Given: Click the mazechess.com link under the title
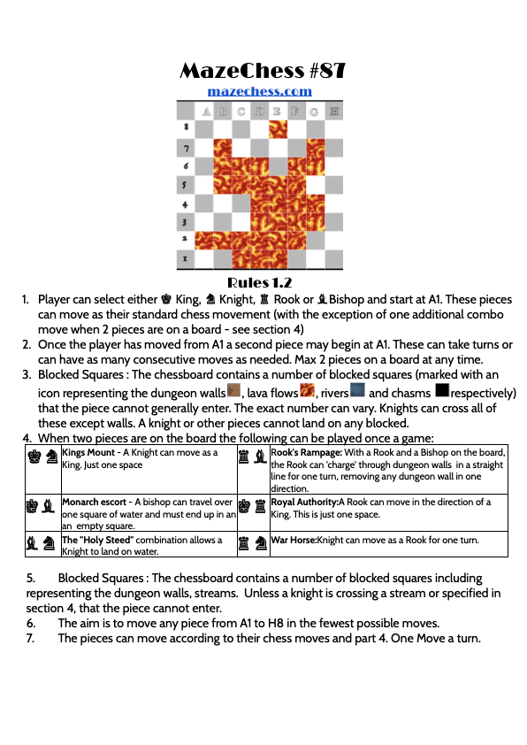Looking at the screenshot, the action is pos(260,91).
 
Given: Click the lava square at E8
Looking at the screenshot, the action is pos(279,129).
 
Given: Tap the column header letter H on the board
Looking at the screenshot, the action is pos(333,111).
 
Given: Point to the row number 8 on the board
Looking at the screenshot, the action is pos(186,127).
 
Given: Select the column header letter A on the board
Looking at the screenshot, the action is pos(206,111).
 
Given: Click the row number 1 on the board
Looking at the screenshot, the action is pos(185,258).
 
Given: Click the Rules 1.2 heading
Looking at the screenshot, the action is pos(260,283).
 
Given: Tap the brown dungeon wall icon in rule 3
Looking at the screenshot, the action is pos(234,390).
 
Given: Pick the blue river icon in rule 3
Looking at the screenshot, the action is pos(357,390).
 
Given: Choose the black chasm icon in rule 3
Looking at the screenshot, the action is pos(442,390).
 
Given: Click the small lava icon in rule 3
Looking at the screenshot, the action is pos(307,390).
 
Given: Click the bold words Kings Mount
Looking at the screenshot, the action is pos(88,452).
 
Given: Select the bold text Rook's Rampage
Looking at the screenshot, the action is pos(306,452).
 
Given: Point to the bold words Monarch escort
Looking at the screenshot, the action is pos(94,502).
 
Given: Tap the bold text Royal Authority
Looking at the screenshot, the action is pos(304,502).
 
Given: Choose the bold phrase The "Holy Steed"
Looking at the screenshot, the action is pos(98,540).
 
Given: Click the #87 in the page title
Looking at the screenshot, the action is pos(327,71).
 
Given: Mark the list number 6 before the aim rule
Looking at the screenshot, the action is pos(30,623).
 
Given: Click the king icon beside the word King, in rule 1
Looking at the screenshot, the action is pos(166,299).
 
